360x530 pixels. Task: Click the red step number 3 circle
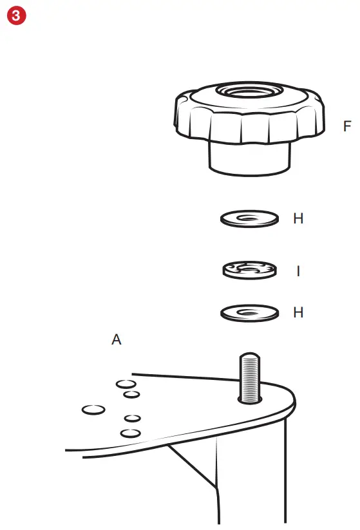[16, 15]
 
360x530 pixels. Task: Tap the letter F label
[347, 126]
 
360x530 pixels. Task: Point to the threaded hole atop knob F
[249, 91]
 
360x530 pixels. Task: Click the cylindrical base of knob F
[249, 159]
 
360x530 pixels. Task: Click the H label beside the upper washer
[298, 218]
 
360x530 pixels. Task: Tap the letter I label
[298, 271]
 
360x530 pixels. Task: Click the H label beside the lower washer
[298, 312]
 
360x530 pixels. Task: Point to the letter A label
[117, 339]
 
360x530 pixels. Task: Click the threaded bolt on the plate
[250, 377]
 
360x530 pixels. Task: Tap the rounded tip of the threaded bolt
[250, 355]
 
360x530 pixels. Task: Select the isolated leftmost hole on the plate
[93, 410]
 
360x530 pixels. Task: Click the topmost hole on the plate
[126, 384]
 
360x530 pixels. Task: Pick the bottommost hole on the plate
[131, 433]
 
